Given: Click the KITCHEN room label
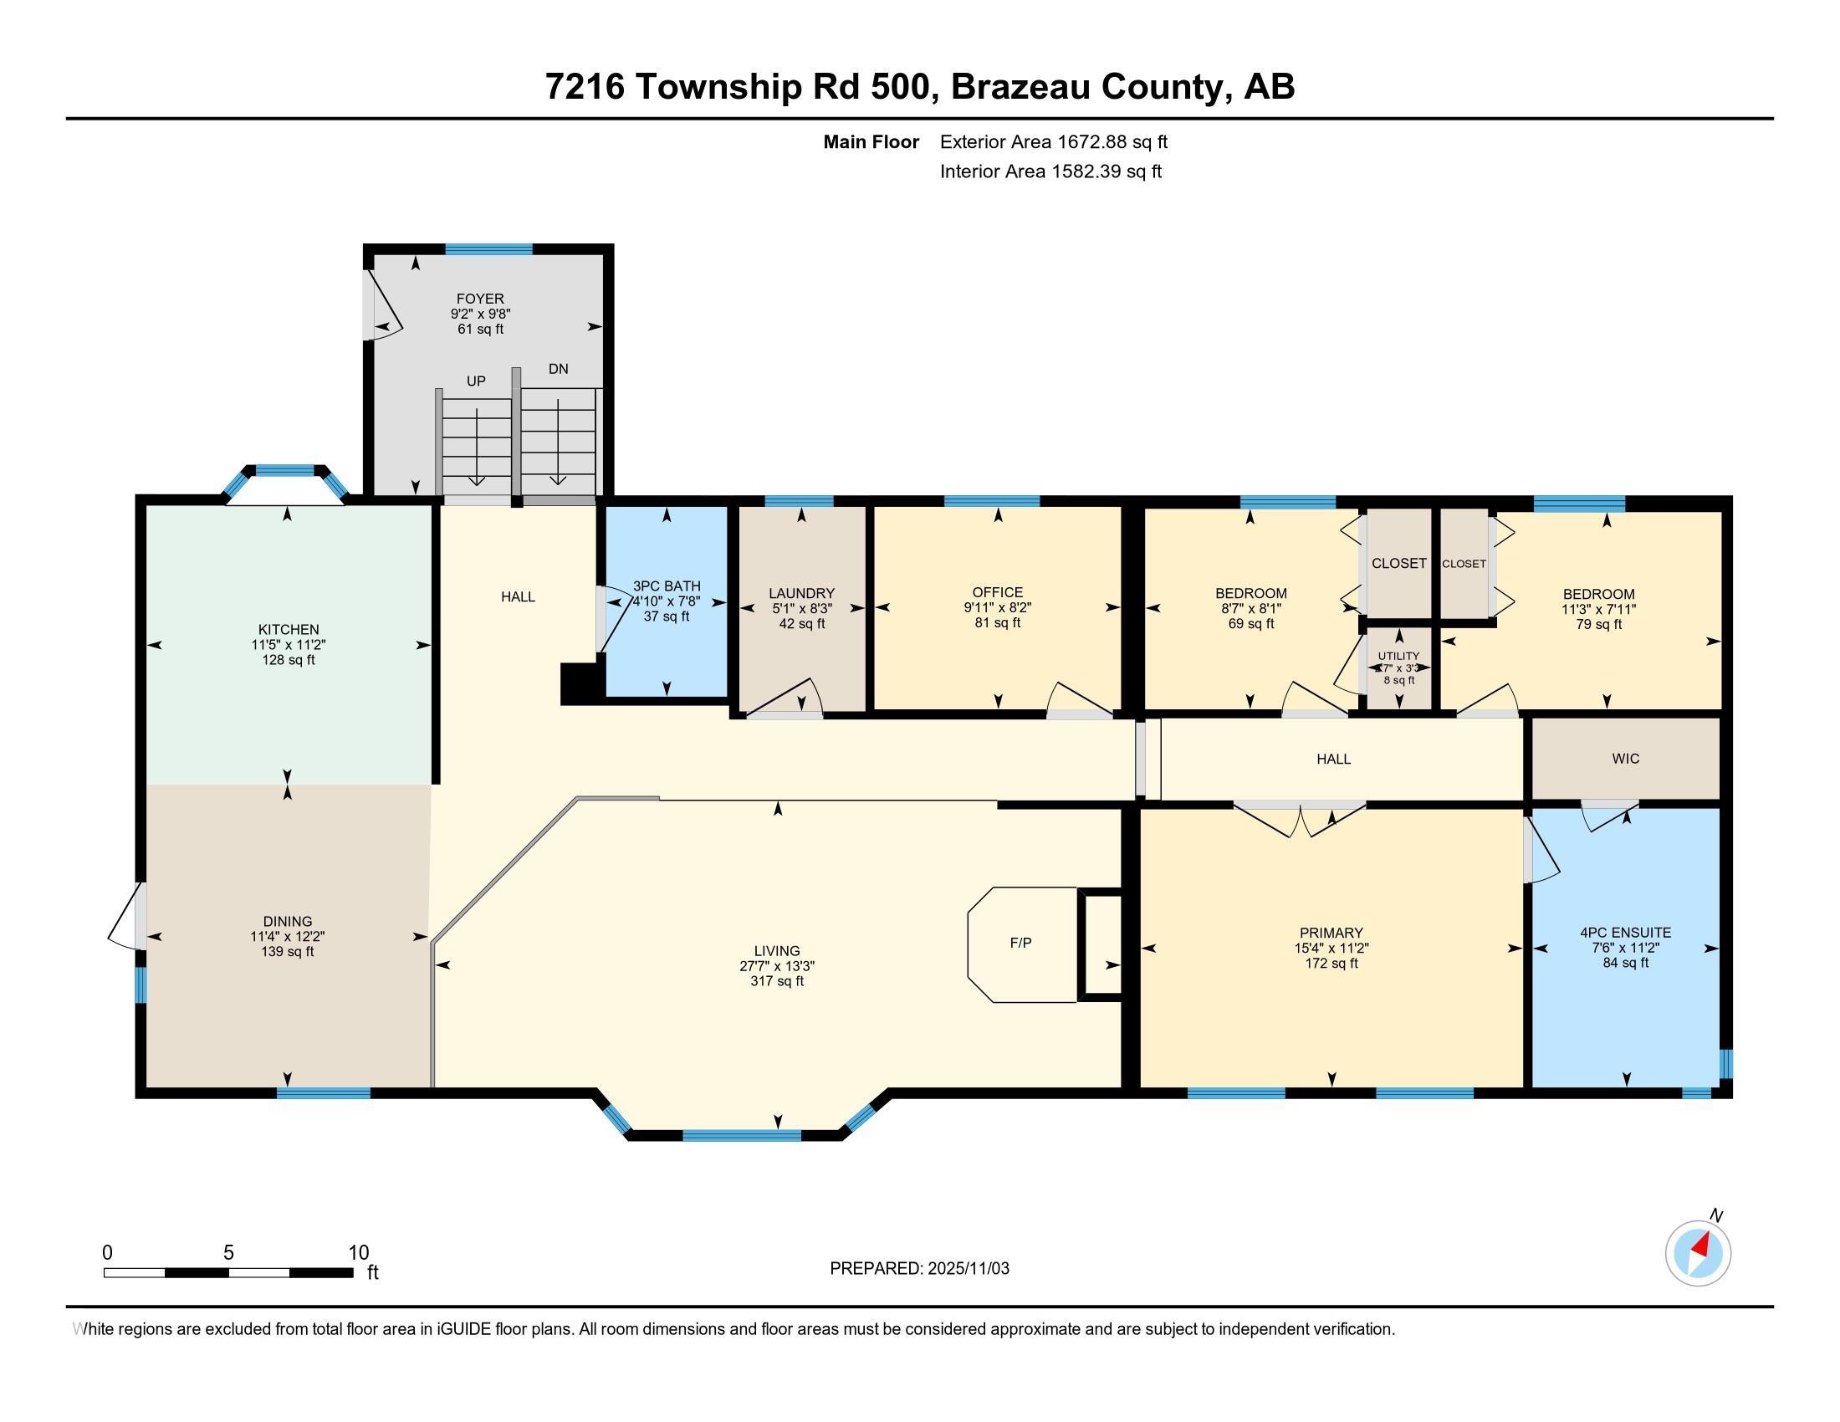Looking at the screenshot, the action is pos(289,629).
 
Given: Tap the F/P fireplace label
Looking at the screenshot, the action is pos(1020,943).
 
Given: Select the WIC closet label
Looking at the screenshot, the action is pos(1625,758).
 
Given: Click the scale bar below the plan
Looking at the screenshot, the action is pos(228,1272).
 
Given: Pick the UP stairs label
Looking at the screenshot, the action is pos(476,381).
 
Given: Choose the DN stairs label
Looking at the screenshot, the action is pos(558,368).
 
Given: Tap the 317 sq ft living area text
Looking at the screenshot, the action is pos(777,981).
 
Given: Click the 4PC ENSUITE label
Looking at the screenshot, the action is pos(1625,933).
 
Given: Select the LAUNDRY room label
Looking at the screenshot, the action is pos(801,593).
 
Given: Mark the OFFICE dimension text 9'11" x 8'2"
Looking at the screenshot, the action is pos(998,607).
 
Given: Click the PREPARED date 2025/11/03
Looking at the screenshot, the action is pos(967,1268).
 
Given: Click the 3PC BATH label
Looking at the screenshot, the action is pos(667,586).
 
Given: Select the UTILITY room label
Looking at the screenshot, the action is pos(1398,656).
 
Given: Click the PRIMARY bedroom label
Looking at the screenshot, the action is pos(1331,933).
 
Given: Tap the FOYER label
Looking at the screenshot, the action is pos(480,299).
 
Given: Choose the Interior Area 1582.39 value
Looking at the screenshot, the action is pos(1107,171).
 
